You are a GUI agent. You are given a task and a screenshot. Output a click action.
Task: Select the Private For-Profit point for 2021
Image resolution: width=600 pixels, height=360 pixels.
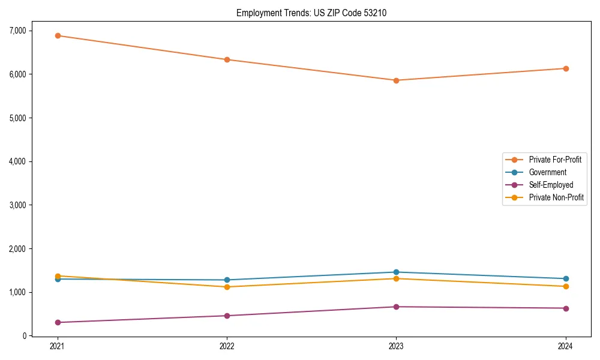click(58, 35)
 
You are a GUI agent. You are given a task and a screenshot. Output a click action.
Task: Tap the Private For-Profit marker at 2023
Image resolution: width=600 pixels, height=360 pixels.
click(396, 80)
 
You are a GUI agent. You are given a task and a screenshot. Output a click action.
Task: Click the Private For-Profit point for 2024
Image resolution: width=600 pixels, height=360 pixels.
click(565, 68)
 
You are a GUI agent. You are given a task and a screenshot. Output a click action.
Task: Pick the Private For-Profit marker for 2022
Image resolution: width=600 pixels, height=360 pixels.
click(227, 59)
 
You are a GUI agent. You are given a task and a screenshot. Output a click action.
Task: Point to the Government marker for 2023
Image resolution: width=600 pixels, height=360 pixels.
click(396, 272)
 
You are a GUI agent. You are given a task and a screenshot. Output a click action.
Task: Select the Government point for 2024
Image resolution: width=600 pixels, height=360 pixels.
click(565, 278)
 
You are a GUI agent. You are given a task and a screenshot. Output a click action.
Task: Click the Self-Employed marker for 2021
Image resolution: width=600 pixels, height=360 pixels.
click(58, 322)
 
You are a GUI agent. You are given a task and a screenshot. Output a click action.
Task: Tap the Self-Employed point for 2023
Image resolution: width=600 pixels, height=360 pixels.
click(396, 307)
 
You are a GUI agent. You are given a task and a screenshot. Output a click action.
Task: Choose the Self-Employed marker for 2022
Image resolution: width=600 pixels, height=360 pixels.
click(227, 316)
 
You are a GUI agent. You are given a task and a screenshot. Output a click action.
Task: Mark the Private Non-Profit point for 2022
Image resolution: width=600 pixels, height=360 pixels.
click(227, 287)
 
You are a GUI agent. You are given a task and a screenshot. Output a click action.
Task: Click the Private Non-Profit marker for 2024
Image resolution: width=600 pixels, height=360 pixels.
click(565, 286)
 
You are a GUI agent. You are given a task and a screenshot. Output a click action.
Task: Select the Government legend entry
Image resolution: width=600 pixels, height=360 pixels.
click(547, 172)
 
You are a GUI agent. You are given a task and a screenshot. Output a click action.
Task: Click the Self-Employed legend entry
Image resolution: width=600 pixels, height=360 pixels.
click(551, 185)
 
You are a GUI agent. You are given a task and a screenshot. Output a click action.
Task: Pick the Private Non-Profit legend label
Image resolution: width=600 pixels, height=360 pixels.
click(556, 197)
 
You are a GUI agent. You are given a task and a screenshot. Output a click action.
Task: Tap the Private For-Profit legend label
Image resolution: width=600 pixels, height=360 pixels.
click(555, 160)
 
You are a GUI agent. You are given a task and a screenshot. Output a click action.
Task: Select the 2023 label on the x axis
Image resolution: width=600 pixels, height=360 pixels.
click(396, 346)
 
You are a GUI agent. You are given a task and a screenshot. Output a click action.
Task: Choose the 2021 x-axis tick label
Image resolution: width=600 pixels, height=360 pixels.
click(58, 346)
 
